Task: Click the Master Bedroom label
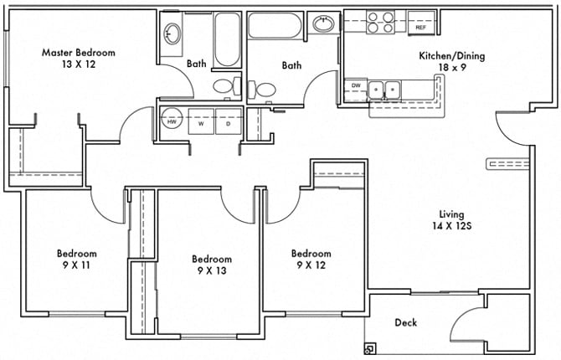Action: click(79, 52)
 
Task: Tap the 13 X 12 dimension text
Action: click(79, 64)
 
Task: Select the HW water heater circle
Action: click(172, 121)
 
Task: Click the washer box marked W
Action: click(201, 121)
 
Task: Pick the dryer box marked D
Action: click(228, 121)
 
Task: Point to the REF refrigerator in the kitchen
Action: click(421, 27)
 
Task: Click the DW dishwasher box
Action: click(356, 85)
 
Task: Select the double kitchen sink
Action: click(384, 88)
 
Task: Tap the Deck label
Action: click(405, 322)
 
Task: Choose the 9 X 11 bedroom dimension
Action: click(76, 265)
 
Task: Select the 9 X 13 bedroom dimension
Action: click(211, 270)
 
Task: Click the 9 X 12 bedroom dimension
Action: click(311, 265)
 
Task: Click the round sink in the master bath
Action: click(172, 34)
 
